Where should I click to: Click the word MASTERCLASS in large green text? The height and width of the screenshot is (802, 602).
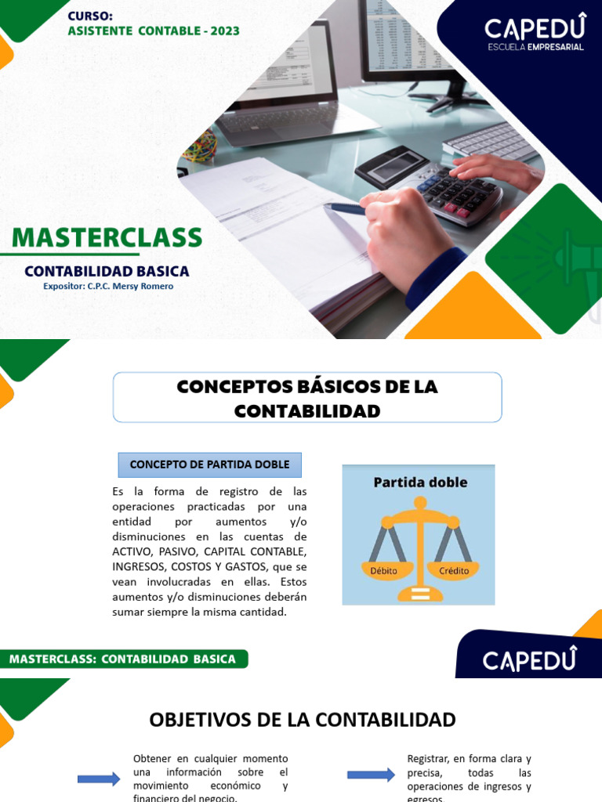107,238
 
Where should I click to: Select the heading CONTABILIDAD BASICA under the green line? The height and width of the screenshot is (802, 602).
107,271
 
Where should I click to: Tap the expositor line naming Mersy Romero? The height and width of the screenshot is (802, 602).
108,287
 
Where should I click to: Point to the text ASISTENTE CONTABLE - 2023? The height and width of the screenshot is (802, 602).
154,31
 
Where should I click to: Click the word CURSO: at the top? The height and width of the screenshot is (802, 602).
90,16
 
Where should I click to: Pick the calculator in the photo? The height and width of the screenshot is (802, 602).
439,184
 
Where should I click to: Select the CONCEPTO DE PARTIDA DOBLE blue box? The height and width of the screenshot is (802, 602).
209,464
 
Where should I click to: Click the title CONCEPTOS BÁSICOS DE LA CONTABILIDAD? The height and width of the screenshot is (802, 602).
307,398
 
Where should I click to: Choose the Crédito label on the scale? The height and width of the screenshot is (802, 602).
454,570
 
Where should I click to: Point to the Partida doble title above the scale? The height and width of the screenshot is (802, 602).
419,482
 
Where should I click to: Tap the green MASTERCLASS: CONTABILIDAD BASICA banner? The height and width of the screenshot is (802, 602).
123,659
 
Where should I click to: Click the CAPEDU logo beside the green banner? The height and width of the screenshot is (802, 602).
529,659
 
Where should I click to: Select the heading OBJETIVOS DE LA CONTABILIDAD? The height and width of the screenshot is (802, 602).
302,720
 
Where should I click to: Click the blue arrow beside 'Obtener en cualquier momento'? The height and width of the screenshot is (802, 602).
99,779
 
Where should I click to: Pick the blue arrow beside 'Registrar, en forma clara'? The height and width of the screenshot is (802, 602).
371,775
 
